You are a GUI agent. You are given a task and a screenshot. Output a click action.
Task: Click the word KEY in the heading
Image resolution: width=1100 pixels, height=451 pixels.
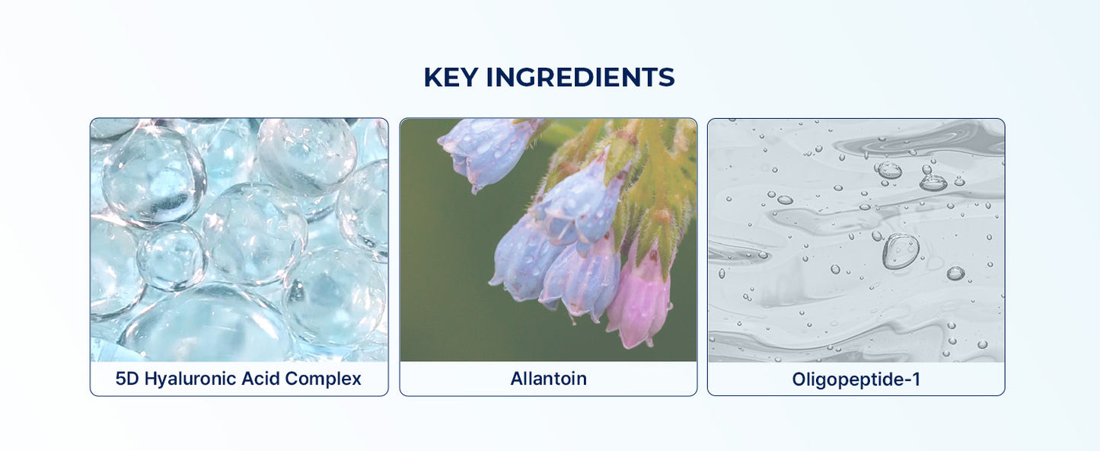click(x=451, y=77)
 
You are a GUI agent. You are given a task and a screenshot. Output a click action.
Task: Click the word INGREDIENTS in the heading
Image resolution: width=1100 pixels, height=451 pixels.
click(x=580, y=77)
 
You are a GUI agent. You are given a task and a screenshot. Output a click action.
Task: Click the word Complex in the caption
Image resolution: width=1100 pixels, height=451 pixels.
click(x=323, y=379)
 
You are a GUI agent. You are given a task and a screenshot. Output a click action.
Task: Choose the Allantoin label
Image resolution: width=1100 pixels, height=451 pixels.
click(x=549, y=379)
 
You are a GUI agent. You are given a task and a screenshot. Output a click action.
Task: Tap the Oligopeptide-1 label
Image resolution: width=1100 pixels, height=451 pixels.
click(x=856, y=379)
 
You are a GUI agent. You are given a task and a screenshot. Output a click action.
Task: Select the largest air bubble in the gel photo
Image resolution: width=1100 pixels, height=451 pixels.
click(x=901, y=251)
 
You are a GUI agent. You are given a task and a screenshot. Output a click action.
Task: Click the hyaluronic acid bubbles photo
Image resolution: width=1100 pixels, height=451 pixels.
click(x=239, y=240)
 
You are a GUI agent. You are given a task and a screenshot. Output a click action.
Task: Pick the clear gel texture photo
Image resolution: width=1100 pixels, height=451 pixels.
click(x=856, y=240)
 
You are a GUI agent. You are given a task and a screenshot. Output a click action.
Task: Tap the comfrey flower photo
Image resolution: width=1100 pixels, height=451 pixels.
click(x=549, y=240)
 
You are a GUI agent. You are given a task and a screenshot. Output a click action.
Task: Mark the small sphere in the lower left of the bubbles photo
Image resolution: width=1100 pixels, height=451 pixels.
click(x=171, y=257)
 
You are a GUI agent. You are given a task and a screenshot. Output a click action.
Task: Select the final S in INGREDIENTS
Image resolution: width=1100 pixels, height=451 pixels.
click(x=666, y=77)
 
